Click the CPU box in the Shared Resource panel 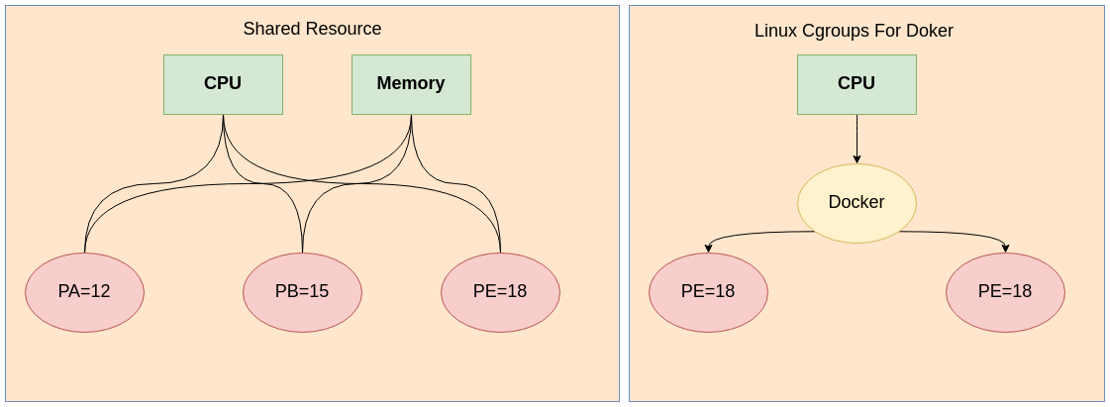[x=223, y=84]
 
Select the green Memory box [x=411, y=84]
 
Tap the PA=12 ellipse [x=84, y=292]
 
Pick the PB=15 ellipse [x=302, y=292]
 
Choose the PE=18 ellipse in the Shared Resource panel [x=500, y=292]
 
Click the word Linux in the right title [x=775, y=31]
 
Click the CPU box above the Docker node [x=857, y=84]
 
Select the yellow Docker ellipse [x=857, y=203]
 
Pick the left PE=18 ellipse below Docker [x=708, y=292]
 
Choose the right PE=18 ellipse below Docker [x=1005, y=292]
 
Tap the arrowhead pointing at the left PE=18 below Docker [x=709, y=248]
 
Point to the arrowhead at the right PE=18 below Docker [x=1005, y=248]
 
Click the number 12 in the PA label [x=100, y=292]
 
